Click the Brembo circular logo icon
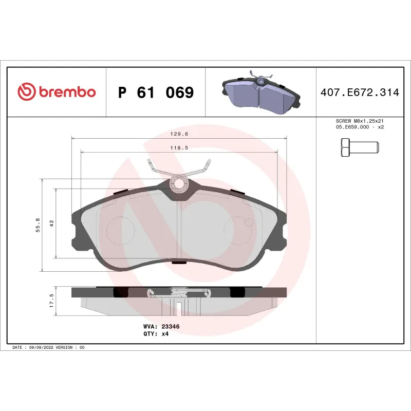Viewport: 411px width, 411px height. pyautogui.click(x=26, y=92)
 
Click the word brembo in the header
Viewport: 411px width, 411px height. pyautogui.click(x=66, y=92)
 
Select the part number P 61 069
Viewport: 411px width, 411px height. pyautogui.click(x=156, y=93)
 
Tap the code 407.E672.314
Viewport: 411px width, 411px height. pyautogui.click(x=359, y=93)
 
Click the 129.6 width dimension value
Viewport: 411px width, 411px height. pyautogui.click(x=178, y=134)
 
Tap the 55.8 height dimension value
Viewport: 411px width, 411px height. pyautogui.click(x=38, y=225)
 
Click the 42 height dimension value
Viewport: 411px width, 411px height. pyautogui.click(x=51, y=222)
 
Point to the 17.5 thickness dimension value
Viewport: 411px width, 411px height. pyautogui.click(x=51, y=301)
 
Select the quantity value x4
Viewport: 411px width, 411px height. pyautogui.click(x=165, y=333)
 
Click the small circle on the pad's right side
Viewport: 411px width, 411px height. pyautogui.click(x=249, y=222)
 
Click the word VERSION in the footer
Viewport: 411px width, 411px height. pyautogui.click(x=65, y=348)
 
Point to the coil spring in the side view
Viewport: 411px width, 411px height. pyautogui.click(x=178, y=293)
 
